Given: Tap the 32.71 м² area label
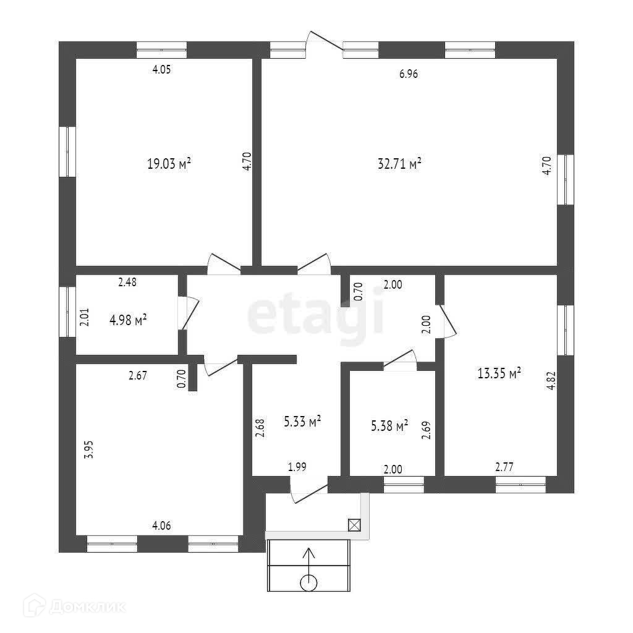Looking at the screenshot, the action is point(399,164).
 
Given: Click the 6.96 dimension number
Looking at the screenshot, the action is point(409,74).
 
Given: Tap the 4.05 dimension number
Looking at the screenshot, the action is point(161,69).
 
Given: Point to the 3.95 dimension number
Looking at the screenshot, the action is point(89,448).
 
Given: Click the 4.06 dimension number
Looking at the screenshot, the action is point(161,525).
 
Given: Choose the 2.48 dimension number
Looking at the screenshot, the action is point(127,283).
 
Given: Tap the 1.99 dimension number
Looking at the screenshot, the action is point(298,467).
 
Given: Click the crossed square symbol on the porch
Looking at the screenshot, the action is point(354,525).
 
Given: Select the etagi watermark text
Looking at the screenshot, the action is point(316,316).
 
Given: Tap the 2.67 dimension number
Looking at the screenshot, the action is point(137,375).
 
